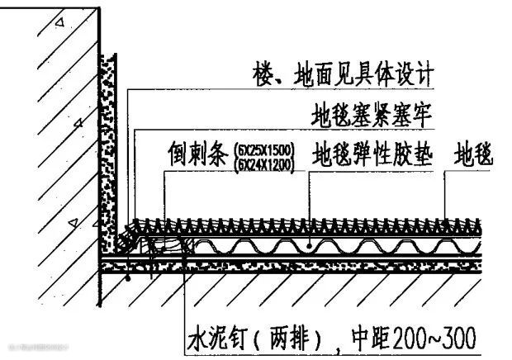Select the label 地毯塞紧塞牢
(371, 111)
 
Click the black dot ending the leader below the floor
(128, 280)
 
